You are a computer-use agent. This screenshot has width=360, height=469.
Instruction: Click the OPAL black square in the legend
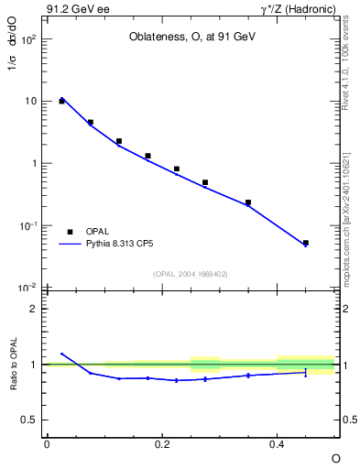coord(70,233)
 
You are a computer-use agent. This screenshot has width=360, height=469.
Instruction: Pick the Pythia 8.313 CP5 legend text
coord(125,245)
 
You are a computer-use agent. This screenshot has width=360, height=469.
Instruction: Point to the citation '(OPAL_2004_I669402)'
coord(191,274)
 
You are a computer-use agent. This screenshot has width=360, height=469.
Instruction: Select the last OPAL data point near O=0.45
coord(306,243)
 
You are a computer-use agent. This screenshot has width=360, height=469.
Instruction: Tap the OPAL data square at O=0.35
coord(248,202)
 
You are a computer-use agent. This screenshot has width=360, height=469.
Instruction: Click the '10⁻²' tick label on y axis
coord(29,289)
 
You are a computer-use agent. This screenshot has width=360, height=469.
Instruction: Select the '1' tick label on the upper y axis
coord(34,164)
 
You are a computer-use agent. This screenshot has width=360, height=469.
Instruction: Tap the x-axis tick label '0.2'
coord(161,444)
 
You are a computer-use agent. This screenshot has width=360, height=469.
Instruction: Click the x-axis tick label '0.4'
coord(277,444)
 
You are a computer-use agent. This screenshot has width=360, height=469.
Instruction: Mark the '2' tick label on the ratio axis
coord(34,309)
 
